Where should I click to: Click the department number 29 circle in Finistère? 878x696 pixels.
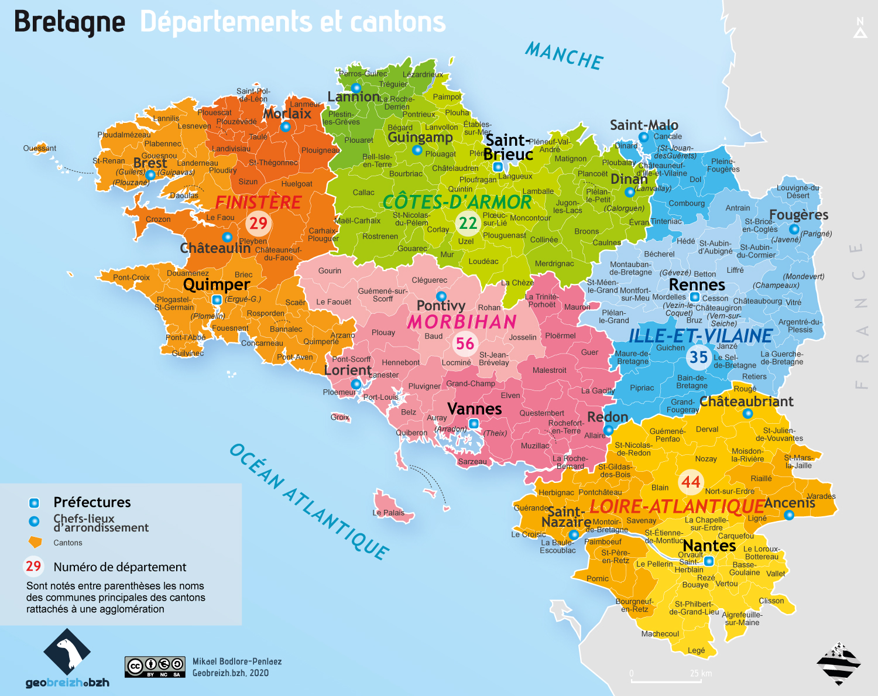(258, 223)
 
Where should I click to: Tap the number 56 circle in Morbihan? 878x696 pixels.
(465, 344)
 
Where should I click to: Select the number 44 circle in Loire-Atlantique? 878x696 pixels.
(691, 482)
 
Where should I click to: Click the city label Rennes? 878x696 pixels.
(697, 285)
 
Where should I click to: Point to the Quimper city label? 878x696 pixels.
(216, 285)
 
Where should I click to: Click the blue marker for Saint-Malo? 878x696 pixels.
(643, 137)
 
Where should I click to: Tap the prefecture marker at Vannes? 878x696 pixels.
(474, 423)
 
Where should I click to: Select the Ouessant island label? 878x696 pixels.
(40, 148)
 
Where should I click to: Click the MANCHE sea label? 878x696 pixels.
(564, 56)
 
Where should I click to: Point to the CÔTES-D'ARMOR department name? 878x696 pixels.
(457, 202)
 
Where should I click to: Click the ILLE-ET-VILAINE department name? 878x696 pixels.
(700, 336)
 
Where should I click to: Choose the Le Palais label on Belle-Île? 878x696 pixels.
(388, 513)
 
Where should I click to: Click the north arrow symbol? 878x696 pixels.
(860, 29)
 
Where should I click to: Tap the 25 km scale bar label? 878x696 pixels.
(701, 673)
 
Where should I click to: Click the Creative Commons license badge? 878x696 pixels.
(155, 666)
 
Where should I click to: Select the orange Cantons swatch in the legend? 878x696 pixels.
(35, 542)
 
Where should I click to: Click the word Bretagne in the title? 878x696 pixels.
(69, 22)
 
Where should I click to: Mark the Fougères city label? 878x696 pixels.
(798, 215)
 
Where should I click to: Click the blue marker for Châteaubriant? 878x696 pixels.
(747, 413)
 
